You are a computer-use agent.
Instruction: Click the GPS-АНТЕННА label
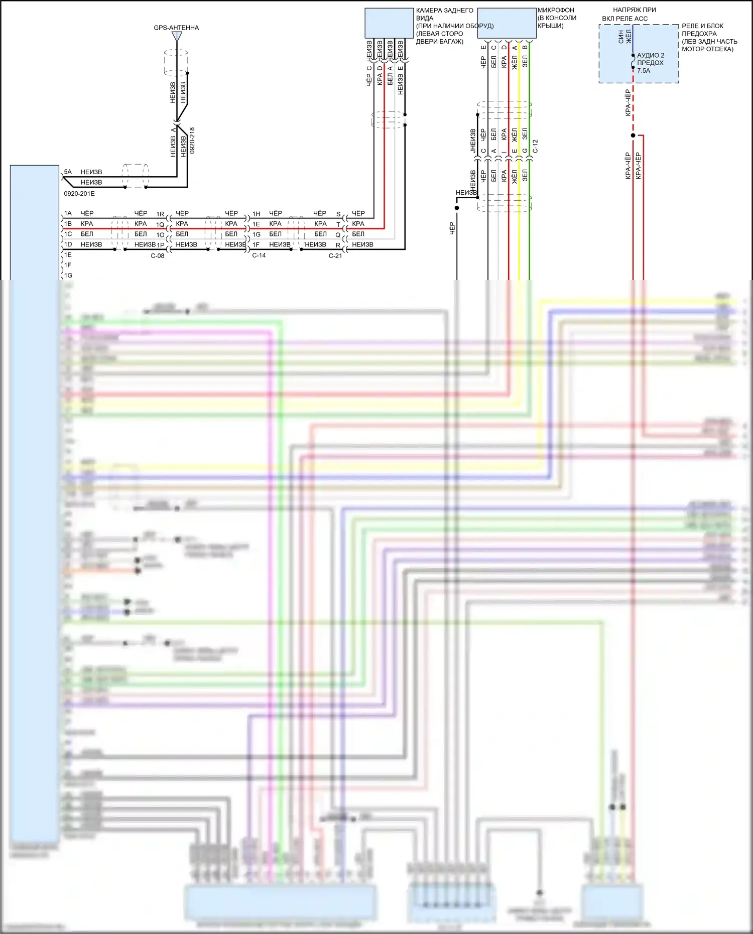pos(176,28)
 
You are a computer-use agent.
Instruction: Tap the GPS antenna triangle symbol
pos(177,37)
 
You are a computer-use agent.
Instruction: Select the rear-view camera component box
pos(389,23)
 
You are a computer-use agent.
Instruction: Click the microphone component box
pos(507,23)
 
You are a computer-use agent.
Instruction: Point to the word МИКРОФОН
pos(556,10)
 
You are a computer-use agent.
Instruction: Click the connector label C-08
pos(158,255)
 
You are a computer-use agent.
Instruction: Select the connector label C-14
pos(259,255)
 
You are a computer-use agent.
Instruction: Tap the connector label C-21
pos(335,255)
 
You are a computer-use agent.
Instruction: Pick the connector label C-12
pos(536,146)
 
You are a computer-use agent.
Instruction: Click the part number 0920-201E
pos(79,194)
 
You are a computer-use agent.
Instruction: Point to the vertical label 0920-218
pos(192,140)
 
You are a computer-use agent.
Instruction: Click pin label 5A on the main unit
pos(68,172)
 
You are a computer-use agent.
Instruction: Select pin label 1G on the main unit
pos(68,276)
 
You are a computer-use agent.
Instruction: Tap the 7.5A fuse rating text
pos(644,71)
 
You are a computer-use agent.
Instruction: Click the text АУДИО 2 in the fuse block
pos(651,55)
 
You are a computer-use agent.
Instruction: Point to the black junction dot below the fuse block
pos(633,136)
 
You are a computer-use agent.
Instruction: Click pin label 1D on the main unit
pos(68,244)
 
